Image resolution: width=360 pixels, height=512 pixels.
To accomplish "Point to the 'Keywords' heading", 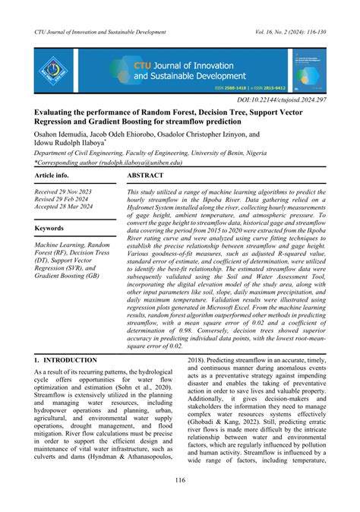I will click(50, 227).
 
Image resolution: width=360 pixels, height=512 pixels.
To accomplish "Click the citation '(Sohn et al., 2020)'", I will click(138, 387).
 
